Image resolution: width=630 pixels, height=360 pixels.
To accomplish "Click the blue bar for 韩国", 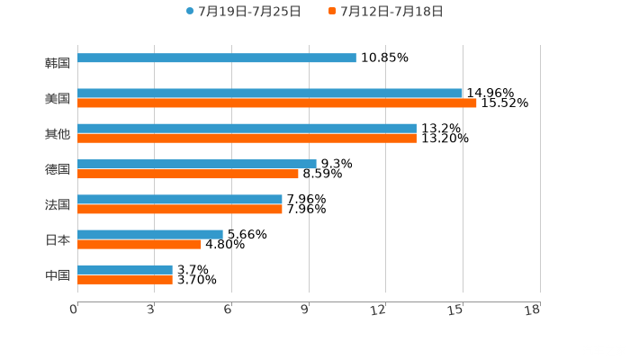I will [216, 58].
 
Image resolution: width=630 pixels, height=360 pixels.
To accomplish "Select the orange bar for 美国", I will [277, 103].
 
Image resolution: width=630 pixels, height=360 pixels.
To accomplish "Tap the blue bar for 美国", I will [270, 93].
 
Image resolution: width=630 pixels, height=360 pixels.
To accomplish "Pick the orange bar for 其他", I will [247, 139].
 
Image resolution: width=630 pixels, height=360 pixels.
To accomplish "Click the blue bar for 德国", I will [196, 164].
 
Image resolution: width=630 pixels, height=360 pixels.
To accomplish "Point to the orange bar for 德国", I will [187, 174].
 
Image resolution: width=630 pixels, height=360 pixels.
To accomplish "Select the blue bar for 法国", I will [180, 199].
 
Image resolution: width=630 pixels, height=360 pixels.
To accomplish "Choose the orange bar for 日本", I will [139, 244].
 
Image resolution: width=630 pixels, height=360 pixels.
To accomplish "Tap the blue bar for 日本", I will [150, 234].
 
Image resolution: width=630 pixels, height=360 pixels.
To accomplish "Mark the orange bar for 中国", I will [125, 279].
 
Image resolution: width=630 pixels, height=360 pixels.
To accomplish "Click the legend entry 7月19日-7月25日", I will [243, 12].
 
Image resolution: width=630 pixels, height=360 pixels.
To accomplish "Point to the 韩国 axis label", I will [57, 63].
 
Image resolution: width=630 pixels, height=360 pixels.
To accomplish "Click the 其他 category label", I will [57, 134].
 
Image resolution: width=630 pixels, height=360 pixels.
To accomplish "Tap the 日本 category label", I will [57, 239].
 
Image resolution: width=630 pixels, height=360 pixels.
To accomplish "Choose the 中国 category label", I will [57, 274].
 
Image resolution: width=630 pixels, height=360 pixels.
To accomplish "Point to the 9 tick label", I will [306, 310].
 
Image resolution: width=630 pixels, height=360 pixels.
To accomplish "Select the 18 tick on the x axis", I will [534, 310].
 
